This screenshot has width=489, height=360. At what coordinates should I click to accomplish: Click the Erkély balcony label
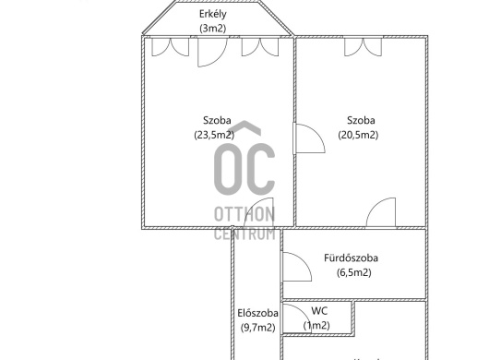[213, 14]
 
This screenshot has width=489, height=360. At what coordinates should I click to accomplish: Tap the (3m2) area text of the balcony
[213, 29]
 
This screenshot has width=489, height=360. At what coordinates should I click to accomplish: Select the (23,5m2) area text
[214, 135]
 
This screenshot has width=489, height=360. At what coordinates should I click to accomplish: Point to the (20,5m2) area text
[358, 135]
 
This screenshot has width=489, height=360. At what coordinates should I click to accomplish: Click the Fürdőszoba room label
[352, 258]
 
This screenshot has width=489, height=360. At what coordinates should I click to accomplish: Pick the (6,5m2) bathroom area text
[354, 272]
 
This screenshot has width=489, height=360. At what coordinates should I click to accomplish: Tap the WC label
[319, 311]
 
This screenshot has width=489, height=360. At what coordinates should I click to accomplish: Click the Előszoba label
[258, 313]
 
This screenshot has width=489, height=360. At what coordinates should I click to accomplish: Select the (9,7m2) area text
[258, 328]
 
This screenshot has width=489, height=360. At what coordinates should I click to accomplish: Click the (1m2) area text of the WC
[316, 325]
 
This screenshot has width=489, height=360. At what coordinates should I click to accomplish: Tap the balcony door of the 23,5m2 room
[213, 52]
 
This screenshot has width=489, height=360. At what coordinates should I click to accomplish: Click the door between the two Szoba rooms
[309, 138]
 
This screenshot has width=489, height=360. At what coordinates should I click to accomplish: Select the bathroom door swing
[296, 267]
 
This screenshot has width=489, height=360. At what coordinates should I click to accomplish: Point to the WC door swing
[296, 318]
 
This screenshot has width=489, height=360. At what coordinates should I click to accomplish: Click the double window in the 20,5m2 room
[363, 47]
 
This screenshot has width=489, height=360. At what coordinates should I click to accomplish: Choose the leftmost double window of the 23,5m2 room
[171, 47]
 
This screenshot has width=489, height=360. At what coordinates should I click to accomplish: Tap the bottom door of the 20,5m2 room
[381, 212]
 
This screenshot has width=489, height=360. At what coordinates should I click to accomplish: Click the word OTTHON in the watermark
[244, 214]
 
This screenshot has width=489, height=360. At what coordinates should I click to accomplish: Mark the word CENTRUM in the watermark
[244, 234]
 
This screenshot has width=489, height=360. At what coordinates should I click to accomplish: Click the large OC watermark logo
[244, 158]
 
